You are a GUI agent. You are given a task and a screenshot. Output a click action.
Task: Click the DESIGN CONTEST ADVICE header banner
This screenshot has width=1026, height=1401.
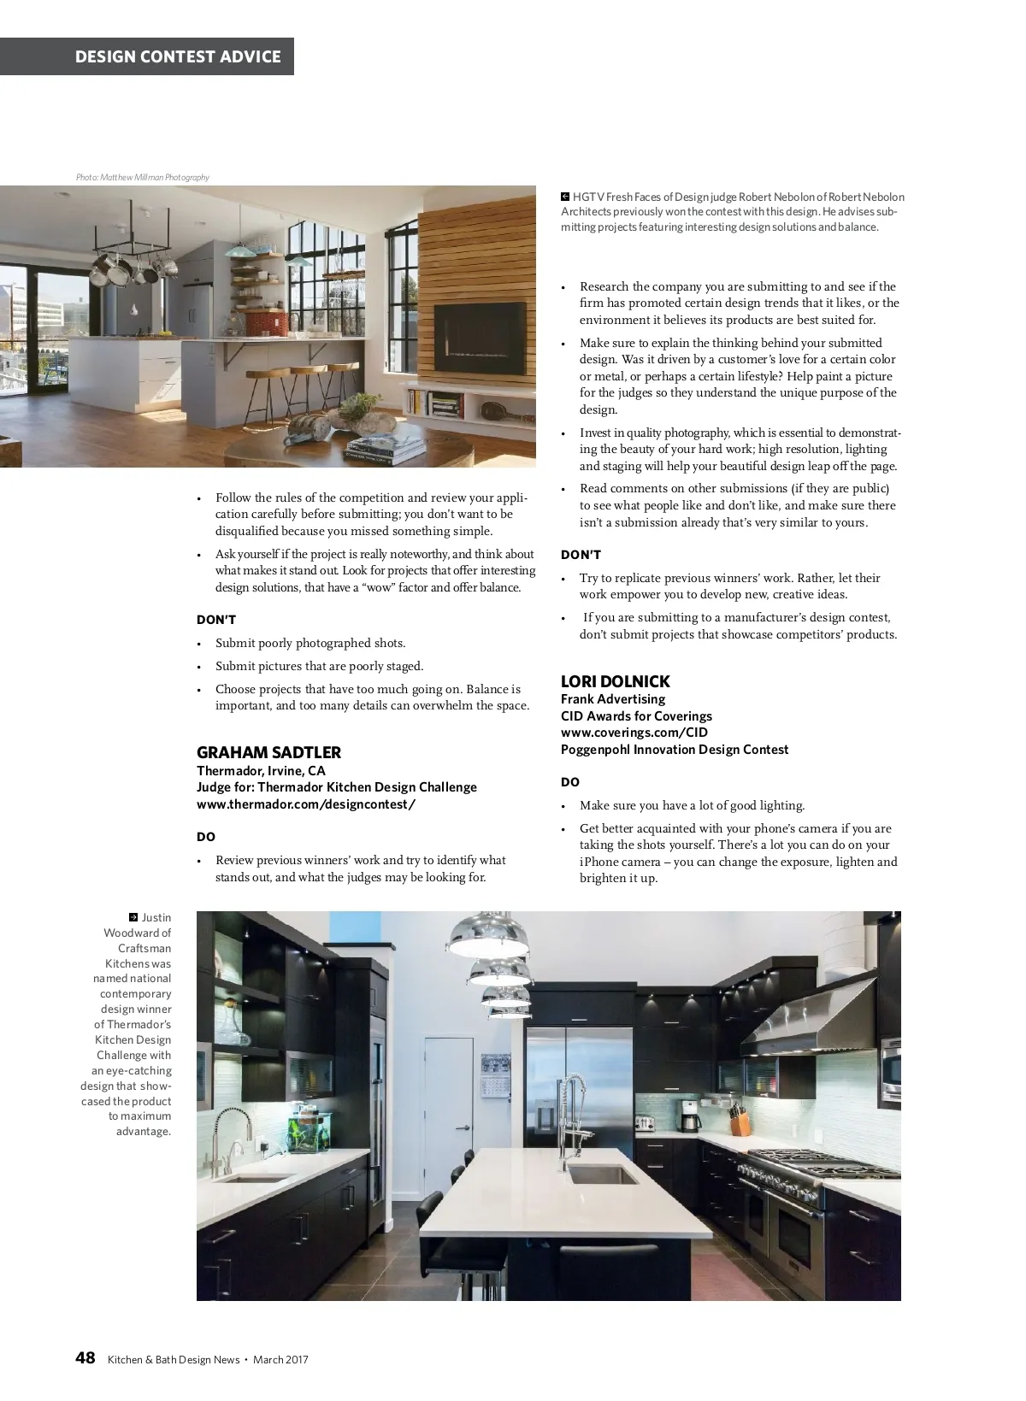tap(178, 56)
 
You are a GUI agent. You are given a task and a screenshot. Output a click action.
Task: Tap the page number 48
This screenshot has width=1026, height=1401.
tap(85, 1358)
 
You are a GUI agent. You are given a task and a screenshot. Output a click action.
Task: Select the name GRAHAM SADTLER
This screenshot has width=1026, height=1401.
tap(268, 752)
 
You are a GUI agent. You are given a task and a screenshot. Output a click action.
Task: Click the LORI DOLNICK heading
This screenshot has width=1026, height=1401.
tap(615, 681)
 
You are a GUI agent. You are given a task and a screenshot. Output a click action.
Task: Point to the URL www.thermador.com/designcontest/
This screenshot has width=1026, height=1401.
tap(305, 804)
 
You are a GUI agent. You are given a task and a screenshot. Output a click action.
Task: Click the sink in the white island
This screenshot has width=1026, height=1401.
tap(602, 1174)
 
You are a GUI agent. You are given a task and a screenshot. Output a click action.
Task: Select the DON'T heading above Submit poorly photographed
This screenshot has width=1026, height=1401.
tap(216, 620)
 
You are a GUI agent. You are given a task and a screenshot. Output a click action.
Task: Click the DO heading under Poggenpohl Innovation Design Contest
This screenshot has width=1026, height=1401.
tap(569, 782)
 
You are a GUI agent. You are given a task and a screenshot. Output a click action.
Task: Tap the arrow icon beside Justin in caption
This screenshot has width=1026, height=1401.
tap(133, 917)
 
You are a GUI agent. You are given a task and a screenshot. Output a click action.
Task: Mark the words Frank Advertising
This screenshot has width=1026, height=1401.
tap(612, 699)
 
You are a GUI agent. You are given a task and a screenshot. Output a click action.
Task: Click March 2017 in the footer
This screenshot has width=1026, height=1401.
tap(280, 1360)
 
